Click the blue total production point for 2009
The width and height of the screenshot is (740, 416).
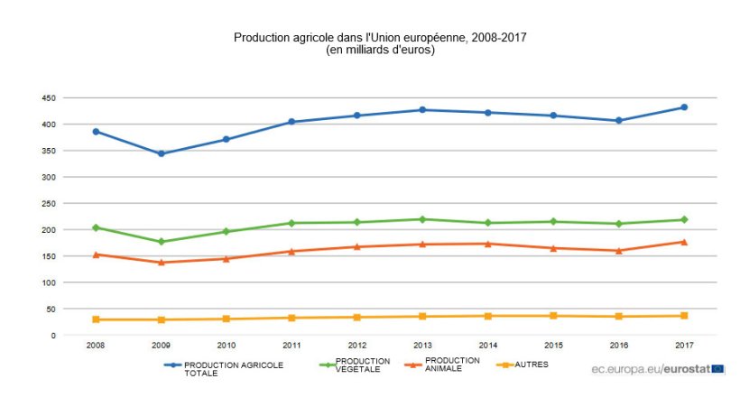[x=161, y=153]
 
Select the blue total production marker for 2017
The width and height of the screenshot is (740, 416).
[x=684, y=107]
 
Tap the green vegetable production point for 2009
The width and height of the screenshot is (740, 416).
[x=161, y=242]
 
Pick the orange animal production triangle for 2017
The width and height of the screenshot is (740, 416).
[x=684, y=242]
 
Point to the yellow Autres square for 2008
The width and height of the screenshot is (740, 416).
[x=96, y=319]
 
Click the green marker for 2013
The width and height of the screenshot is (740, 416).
[x=422, y=219]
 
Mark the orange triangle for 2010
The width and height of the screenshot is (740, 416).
[x=226, y=259]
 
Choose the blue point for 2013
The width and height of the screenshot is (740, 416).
[x=422, y=110]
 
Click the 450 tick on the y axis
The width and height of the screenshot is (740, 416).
[x=48, y=97]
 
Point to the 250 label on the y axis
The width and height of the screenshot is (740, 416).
[x=48, y=203]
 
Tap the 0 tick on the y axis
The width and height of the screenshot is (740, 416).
[x=52, y=336]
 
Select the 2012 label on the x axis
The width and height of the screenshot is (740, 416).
[x=356, y=346]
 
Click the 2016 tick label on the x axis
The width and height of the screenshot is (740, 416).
[x=618, y=346]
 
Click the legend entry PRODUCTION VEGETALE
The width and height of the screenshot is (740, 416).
[x=362, y=365]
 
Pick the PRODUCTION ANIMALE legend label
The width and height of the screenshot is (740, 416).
[x=451, y=365]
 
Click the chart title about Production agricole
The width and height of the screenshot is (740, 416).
[x=379, y=38]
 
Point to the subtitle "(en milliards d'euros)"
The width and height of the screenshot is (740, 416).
[x=380, y=51]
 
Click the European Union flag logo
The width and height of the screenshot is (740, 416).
[x=717, y=368]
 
